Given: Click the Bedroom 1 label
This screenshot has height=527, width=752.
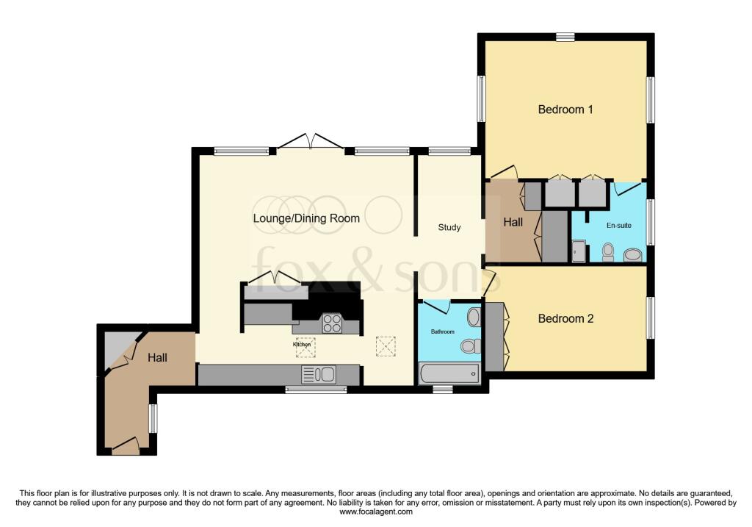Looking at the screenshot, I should pos(565,110).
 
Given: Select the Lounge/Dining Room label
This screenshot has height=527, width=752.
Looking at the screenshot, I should pos(306,218).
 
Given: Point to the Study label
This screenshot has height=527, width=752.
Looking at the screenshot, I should pos(449,227).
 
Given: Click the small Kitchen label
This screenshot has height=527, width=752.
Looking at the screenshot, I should pos(302,344).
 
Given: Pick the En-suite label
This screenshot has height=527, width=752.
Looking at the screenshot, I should pos(618,226).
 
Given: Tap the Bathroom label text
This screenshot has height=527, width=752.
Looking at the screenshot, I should pos(442,332).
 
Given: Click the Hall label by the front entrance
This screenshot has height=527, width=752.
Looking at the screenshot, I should pos(157,358).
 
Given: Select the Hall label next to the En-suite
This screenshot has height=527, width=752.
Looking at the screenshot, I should pos(513,221).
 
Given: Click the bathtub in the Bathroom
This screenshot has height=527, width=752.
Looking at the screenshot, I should pos(449,374).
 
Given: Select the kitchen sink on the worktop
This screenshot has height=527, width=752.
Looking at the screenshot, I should pos(319,375).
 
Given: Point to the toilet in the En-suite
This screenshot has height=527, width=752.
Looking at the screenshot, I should pos(607,252).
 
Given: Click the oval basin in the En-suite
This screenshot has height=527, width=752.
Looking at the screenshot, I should pos(632,255).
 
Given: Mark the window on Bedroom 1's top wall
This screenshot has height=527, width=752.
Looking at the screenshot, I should pos(565,37).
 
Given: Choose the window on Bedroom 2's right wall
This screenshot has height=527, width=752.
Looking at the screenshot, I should pos(650,318).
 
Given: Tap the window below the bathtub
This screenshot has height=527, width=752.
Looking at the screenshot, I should pos(442,389).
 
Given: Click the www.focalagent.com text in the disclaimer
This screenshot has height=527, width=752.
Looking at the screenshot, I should pos(375,512).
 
